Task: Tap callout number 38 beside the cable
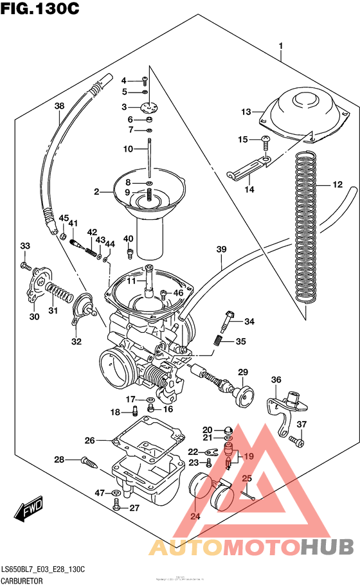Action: point(59,106)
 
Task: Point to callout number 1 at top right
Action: point(281,46)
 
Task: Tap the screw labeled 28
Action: point(89,461)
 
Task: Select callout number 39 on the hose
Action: point(222,249)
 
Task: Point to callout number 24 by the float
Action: point(195,516)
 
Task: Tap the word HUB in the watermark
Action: point(327,547)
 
